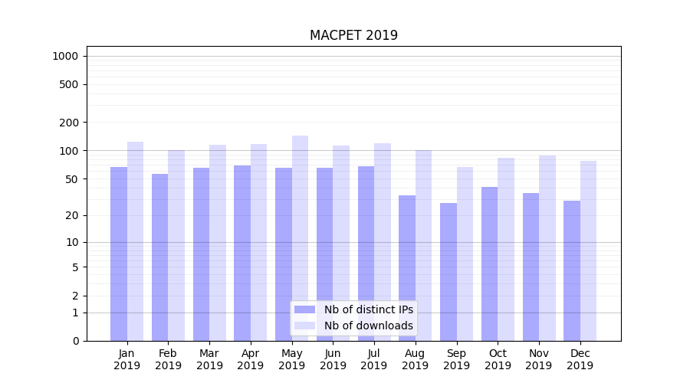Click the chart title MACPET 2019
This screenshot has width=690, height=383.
click(x=353, y=35)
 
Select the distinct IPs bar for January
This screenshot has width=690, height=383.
click(x=119, y=253)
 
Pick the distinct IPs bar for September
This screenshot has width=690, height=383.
click(x=449, y=272)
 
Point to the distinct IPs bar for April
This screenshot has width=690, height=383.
click(x=242, y=253)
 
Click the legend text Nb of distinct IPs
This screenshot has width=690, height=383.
click(x=368, y=309)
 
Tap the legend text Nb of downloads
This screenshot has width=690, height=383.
click(x=368, y=326)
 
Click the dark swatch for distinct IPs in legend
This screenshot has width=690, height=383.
click(x=304, y=309)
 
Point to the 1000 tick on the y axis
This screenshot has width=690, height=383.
click(x=64, y=56)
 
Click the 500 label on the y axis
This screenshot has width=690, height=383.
click(x=69, y=84)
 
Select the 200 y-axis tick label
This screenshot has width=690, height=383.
click(x=69, y=123)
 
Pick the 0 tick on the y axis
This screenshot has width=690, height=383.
click(x=75, y=341)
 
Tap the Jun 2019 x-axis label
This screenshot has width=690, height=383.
click(x=333, y=359)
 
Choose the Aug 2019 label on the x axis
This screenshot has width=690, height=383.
click(x=415, y=359)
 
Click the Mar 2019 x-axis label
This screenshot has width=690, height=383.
click(x=209, y=359)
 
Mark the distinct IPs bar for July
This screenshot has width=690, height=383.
click(x=366, y=253)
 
